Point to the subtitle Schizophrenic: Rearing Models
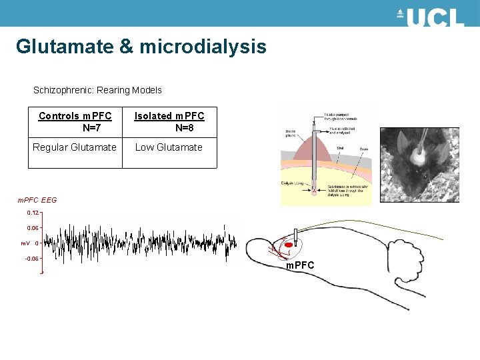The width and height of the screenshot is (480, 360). click(x=97, y=90)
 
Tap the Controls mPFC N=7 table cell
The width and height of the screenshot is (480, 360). click(x=75, y=121)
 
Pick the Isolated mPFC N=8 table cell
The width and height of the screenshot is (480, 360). click(x=169, y=121)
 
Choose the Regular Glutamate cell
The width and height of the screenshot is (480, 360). click(x=75, y=147)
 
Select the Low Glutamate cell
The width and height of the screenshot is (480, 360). click(x=169, y=147)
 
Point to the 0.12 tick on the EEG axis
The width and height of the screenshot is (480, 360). click(x=33, y=213)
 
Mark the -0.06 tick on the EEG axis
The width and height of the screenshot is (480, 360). click(x=31, y=259)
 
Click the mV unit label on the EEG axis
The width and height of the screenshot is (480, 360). click(x=25, y=243)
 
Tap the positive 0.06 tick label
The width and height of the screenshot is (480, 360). click(x=33, y=228)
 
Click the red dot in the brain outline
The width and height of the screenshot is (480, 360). click(x=289, y=245)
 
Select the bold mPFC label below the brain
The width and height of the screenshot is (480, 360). click(x=300, y=266)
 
